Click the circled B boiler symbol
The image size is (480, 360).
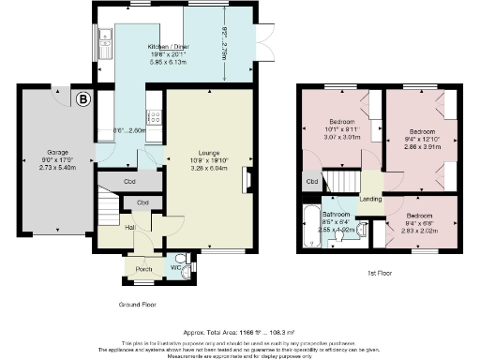[x=84, y=97]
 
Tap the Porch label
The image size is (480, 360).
[x=144, y=269]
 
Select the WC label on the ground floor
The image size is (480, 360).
[x=174, y=267]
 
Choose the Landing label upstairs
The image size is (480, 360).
[x=370, y=198]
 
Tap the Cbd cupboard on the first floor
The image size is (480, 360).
[x=310, y=181]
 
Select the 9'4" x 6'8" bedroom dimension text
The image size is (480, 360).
[x=420, y=223]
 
